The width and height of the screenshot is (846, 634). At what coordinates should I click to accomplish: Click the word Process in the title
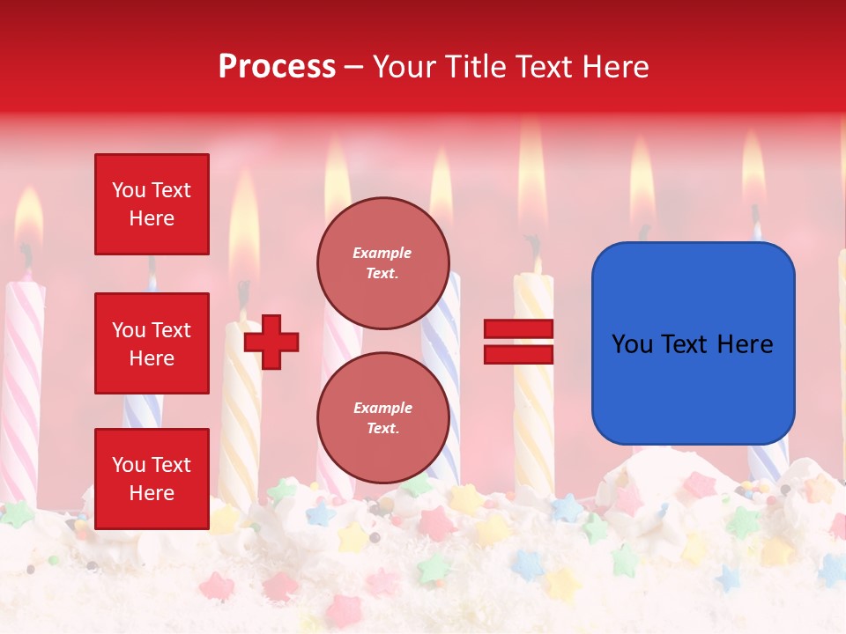[277, 66]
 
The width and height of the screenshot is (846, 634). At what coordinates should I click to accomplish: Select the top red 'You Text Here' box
[152, 204]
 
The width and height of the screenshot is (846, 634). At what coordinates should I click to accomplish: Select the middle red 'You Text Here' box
[152, 343]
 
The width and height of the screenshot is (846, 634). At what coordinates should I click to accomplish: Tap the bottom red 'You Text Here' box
[152, 478]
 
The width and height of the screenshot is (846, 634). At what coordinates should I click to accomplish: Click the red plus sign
[271, 342]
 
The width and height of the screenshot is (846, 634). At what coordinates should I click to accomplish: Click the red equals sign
[519, 342]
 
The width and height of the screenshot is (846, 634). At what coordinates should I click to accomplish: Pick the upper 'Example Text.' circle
[382, 262]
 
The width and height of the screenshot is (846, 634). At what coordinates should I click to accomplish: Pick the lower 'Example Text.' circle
[382, 417]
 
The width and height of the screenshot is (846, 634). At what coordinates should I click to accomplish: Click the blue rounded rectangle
[693, 343]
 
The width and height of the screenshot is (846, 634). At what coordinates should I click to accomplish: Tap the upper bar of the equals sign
[519, 329]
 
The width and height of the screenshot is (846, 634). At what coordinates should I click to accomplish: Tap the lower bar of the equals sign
[519, 354]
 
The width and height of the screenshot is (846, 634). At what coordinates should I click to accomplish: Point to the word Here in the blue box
[745, 343]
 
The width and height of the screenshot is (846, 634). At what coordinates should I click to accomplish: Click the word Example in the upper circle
[382, 253]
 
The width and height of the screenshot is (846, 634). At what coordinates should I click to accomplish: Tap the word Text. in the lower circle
[382, 428]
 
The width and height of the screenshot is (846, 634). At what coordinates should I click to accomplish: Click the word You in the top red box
[129, 190]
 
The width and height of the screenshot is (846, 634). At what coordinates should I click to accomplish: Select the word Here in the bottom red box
[152, 493]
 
